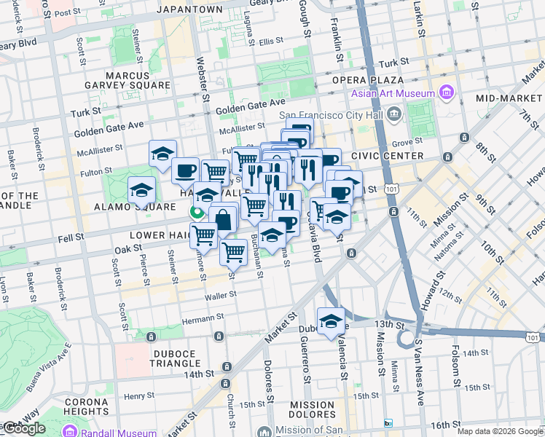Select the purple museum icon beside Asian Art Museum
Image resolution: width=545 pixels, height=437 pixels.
446,93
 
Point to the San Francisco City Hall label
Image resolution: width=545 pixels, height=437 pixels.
332,114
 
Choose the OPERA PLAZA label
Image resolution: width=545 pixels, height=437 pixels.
377,79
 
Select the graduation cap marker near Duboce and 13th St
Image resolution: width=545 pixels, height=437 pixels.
330,321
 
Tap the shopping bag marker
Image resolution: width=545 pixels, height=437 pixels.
223,219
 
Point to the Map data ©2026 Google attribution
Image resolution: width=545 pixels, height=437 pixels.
500,431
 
